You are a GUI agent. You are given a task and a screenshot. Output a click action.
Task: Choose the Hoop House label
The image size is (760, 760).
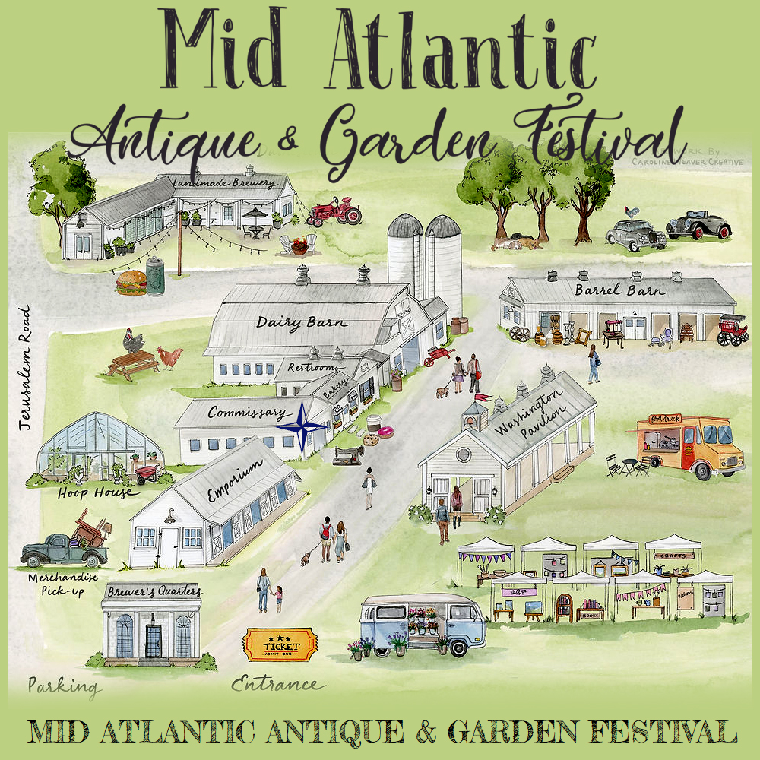click(96, 492)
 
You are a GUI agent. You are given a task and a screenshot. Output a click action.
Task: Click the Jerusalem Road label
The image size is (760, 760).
click(24, 368)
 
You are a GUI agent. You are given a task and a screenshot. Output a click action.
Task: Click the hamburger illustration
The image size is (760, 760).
click(131, 283)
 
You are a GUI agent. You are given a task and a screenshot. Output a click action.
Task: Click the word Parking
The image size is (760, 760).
click(65, 687)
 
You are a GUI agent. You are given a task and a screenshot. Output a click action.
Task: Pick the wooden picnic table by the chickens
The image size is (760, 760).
click(133, 365)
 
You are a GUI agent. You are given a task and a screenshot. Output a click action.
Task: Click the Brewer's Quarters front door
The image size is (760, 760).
click(154, 641)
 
